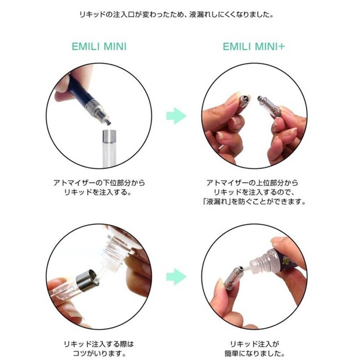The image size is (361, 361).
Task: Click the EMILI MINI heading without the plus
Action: coord(99,47)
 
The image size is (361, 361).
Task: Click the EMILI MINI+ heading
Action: coord(254,47)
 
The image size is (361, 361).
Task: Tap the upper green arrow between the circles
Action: coord(176,116)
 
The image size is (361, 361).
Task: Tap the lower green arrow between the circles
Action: coord(176,277)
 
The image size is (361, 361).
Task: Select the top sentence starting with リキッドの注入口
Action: coord(176,15)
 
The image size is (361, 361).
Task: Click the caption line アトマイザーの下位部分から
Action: coord(99,183)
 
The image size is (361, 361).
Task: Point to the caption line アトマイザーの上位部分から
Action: coord(252,183)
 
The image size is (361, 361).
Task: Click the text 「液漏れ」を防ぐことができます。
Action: coord(254,202)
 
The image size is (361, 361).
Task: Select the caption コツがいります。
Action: coord(99,353)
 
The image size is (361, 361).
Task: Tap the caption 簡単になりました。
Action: coord(254,353)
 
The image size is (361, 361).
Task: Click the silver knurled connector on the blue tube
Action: coord(93,106)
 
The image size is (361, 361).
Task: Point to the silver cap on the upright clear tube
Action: coord(109,136)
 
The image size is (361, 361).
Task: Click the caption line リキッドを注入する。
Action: coord(98,192)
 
